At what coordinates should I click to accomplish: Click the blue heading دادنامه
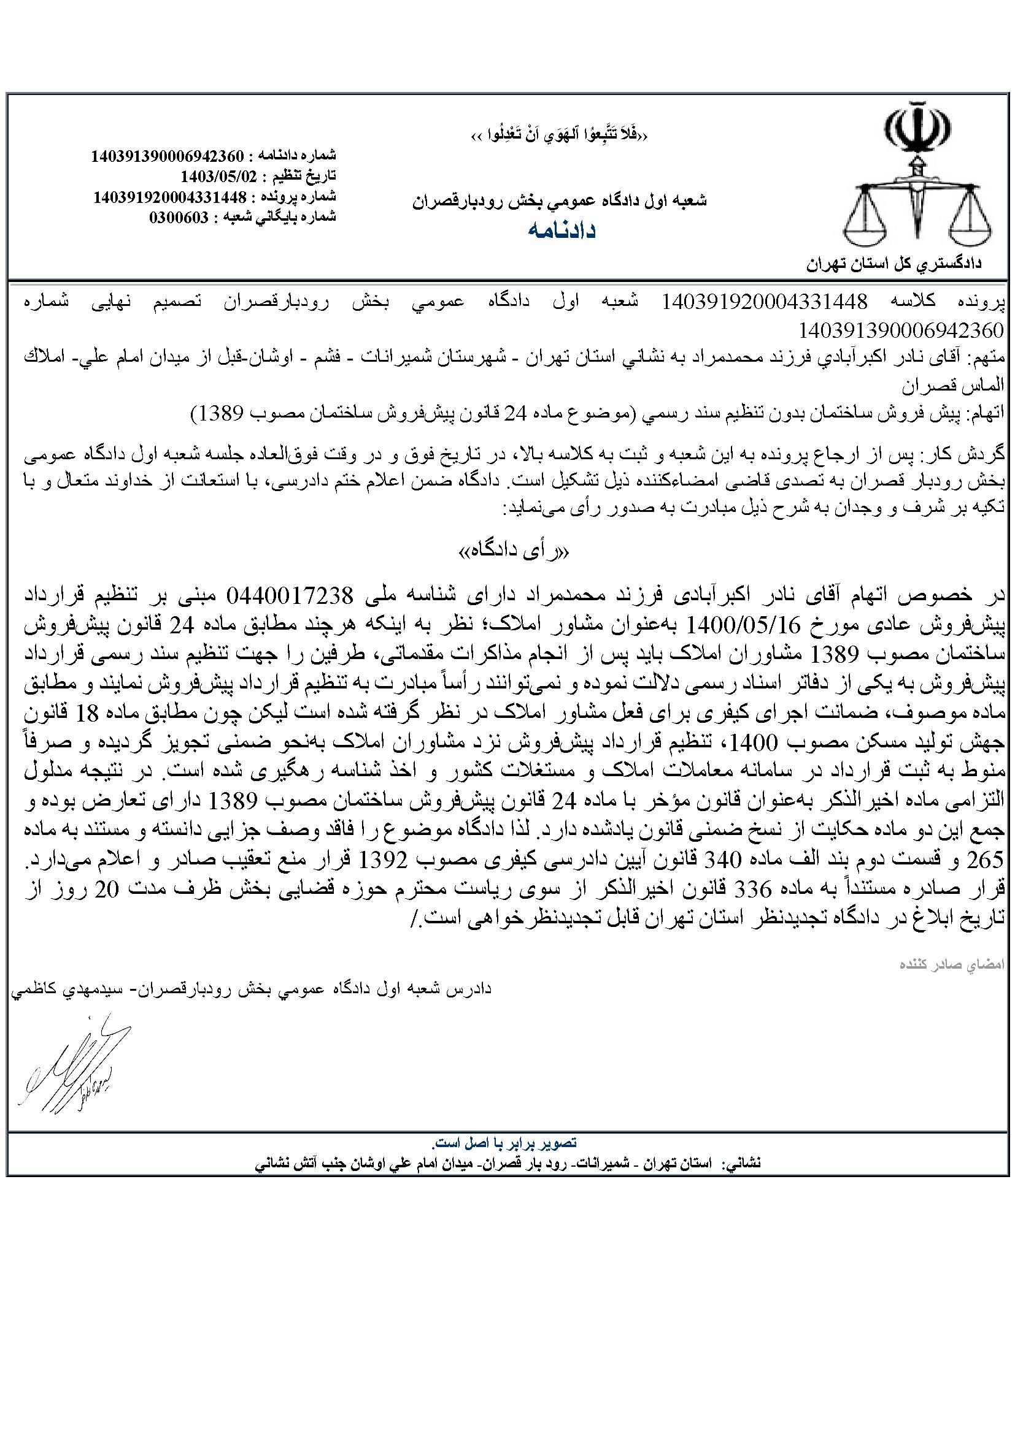pyautogui.click(x=562, y=231)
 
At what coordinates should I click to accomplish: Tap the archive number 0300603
pyautogui.click(x=178, y=218)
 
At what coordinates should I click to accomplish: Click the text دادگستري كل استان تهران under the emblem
pyautogui.click(x=893, y=264)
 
